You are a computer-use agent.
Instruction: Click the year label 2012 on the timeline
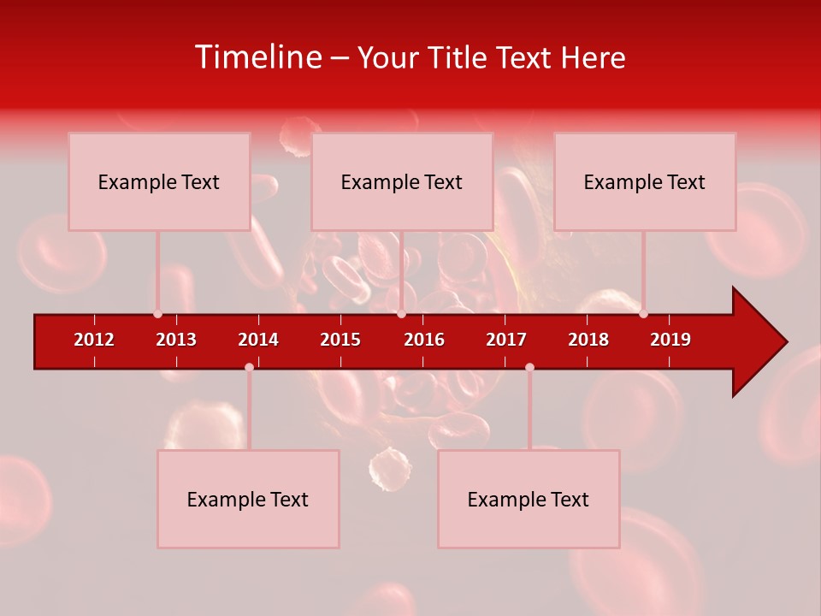coord(94,340)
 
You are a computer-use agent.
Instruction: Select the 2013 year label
coord(176,340)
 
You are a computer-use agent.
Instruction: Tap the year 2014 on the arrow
coord(258,340)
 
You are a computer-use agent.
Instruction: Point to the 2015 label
coord(340,340)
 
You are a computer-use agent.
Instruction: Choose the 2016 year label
coord(424,340)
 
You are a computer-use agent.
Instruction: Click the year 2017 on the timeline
coord(506,340)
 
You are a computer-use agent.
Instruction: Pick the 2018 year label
coord(588,340)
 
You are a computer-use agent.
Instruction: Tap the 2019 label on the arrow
coord(670,340)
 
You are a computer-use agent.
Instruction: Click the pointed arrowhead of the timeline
coord(765,342)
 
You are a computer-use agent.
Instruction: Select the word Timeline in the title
coord(257,57)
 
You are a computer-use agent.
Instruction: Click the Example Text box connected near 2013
coord(159,182)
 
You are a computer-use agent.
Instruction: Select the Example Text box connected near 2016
coord(402,182)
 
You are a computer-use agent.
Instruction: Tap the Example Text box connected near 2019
coord(645,182)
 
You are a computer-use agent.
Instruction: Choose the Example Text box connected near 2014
coord(248,500)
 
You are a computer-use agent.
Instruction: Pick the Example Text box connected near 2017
coord(529,500)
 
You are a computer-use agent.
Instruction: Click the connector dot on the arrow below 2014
coord(249,367)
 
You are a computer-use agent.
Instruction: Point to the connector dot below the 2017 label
coord(529,367)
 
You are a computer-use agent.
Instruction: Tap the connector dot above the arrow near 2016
coord(401,313)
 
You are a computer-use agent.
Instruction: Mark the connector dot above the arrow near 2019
coord(643,313)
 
